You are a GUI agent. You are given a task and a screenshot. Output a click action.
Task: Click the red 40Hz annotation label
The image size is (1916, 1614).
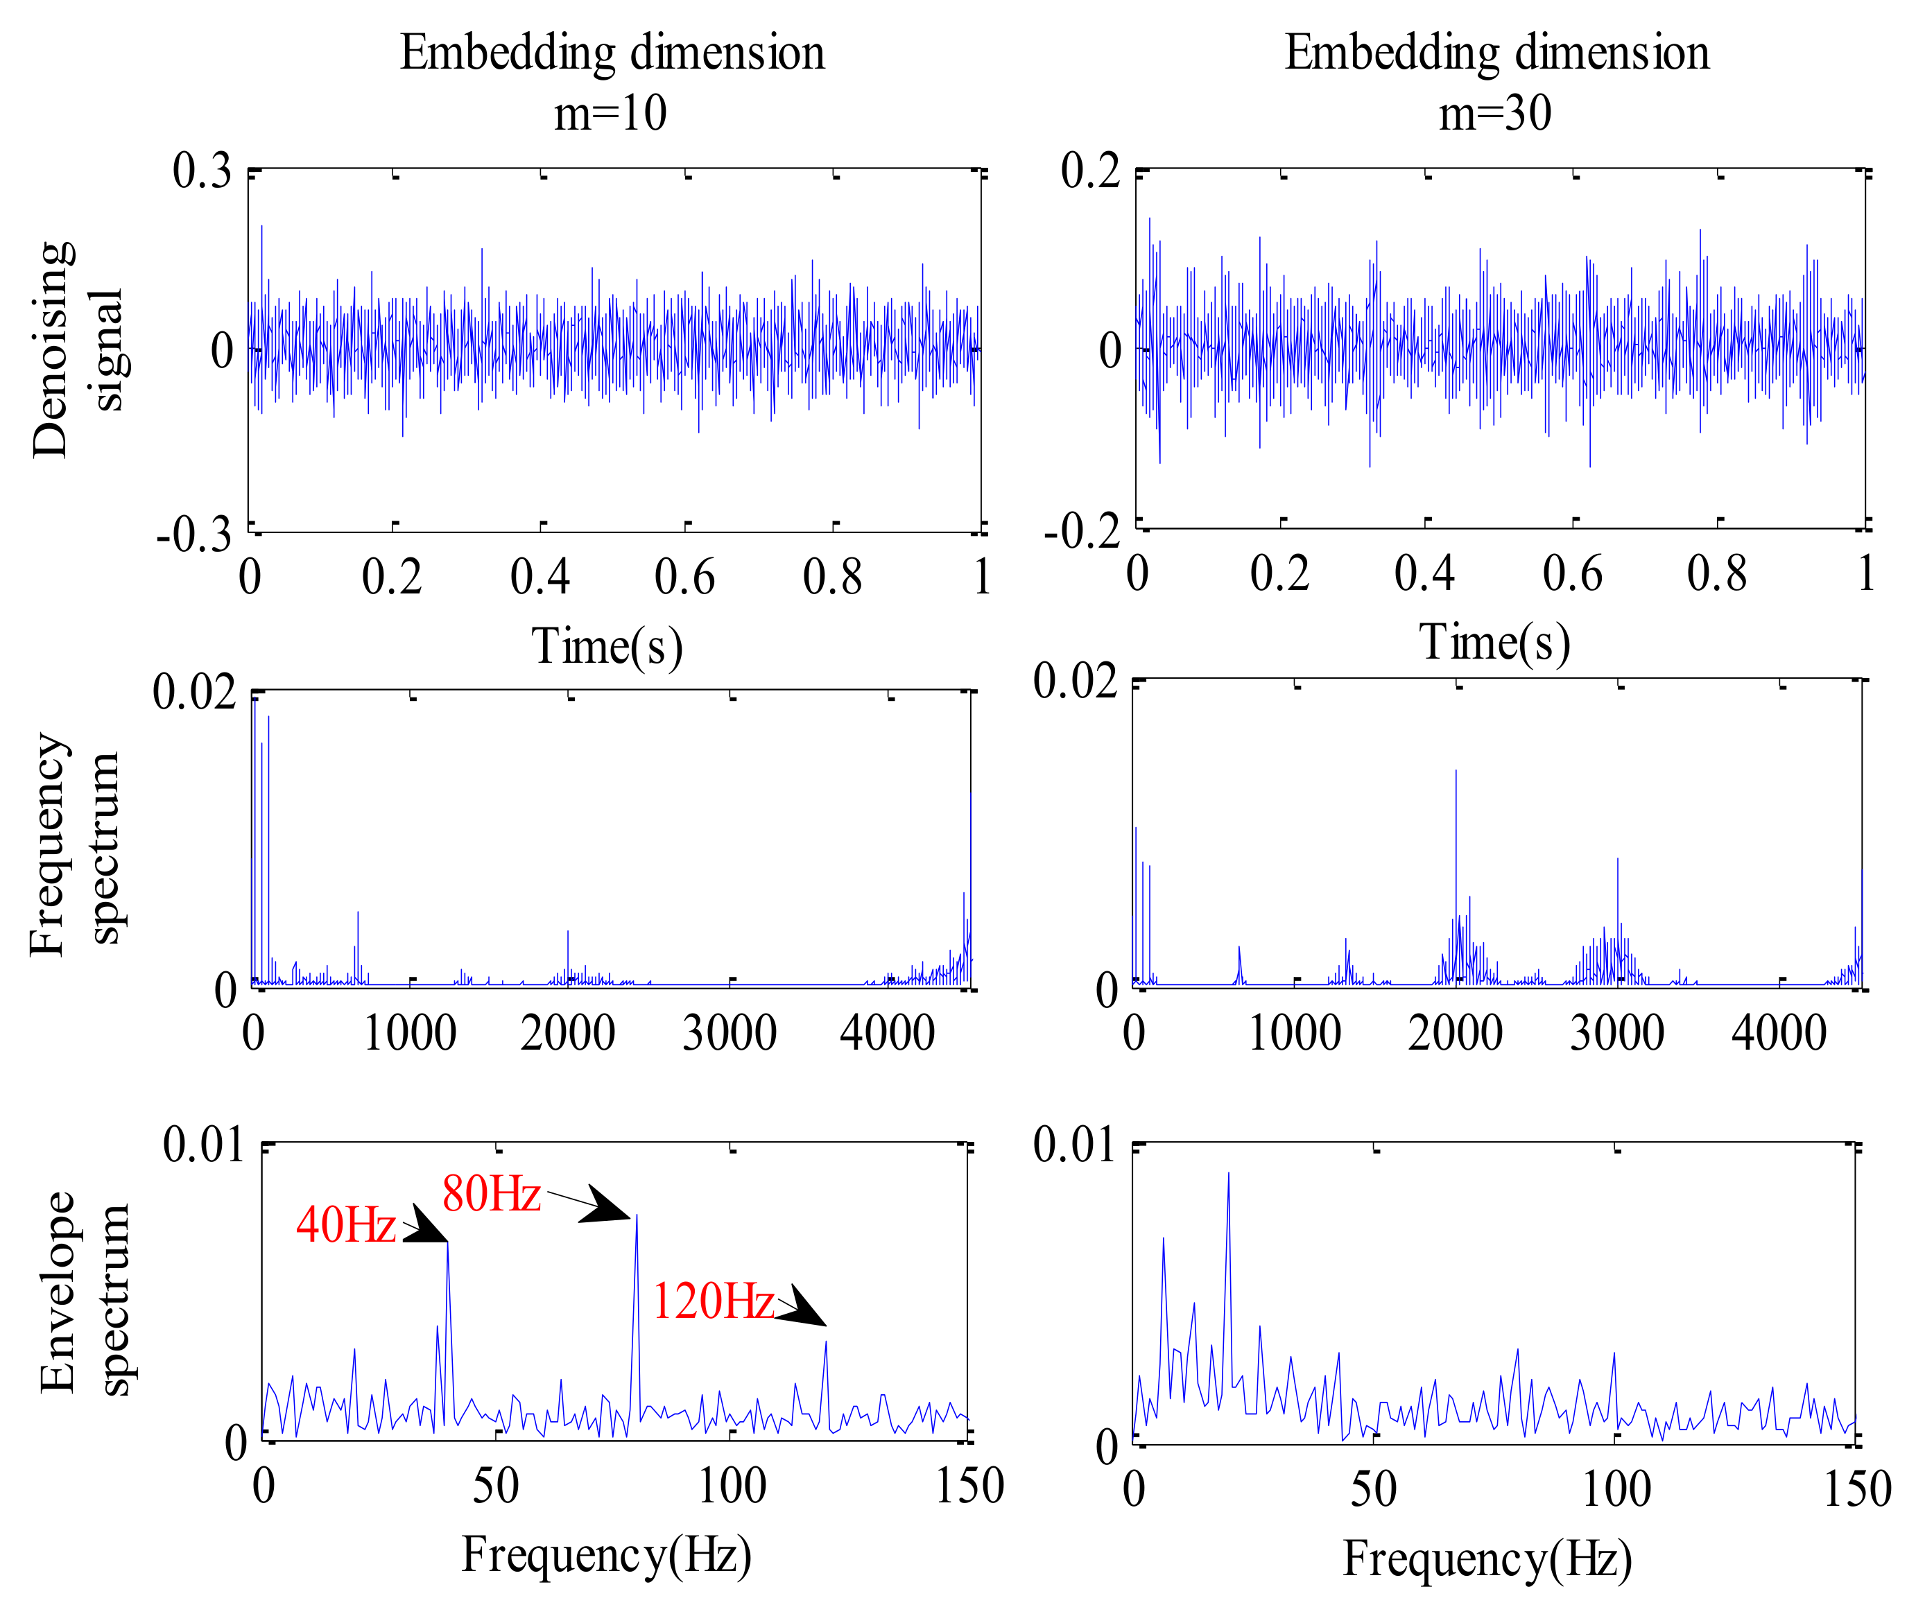[x=346, y=1225]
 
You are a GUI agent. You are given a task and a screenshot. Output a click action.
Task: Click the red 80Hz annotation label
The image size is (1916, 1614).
[x=492, y=1194]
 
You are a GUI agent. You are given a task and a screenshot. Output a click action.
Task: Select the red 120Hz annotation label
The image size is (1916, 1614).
[x=714, y=1301]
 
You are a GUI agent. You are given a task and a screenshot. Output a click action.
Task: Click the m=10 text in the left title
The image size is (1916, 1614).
[x=610, y=114]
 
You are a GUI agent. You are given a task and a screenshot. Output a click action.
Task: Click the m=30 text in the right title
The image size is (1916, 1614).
[x=1495, y=114]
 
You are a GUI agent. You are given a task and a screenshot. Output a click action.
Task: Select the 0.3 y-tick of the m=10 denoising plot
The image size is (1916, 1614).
[x=202, y=171]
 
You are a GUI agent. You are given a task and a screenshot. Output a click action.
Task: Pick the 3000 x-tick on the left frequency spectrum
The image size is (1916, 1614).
[x=730, y=1033]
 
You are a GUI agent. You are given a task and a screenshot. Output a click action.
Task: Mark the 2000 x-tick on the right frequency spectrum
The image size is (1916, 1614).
[x=1455, y=1033]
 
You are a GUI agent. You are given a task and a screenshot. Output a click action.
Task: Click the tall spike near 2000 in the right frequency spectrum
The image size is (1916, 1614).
[x=1456, y=774]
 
